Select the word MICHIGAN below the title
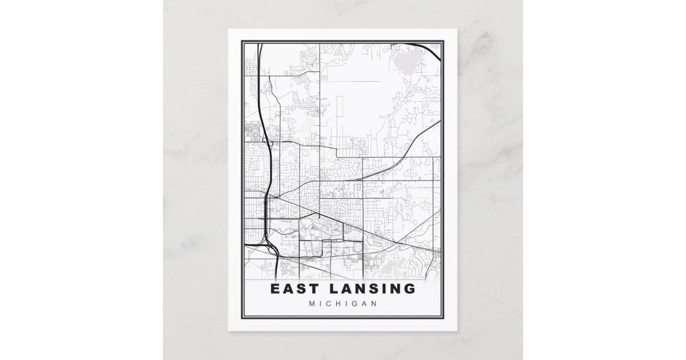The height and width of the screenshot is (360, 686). point(342,303)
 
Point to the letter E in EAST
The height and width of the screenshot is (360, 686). point(276,289)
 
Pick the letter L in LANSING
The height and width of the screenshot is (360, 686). point(334,289)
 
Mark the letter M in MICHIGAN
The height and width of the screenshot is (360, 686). point(312,303)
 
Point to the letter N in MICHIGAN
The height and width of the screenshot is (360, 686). point(373,303)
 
